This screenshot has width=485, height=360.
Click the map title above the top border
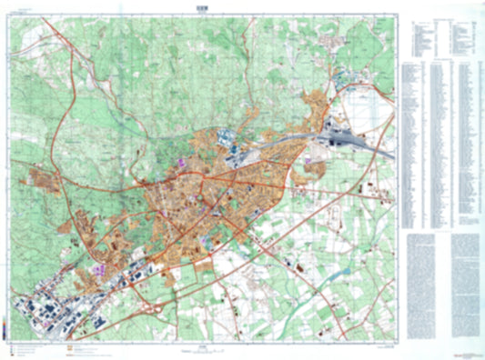[201, 6]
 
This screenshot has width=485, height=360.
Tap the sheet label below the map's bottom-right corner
[387, 346]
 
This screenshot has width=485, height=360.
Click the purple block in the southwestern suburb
[98, 270]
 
